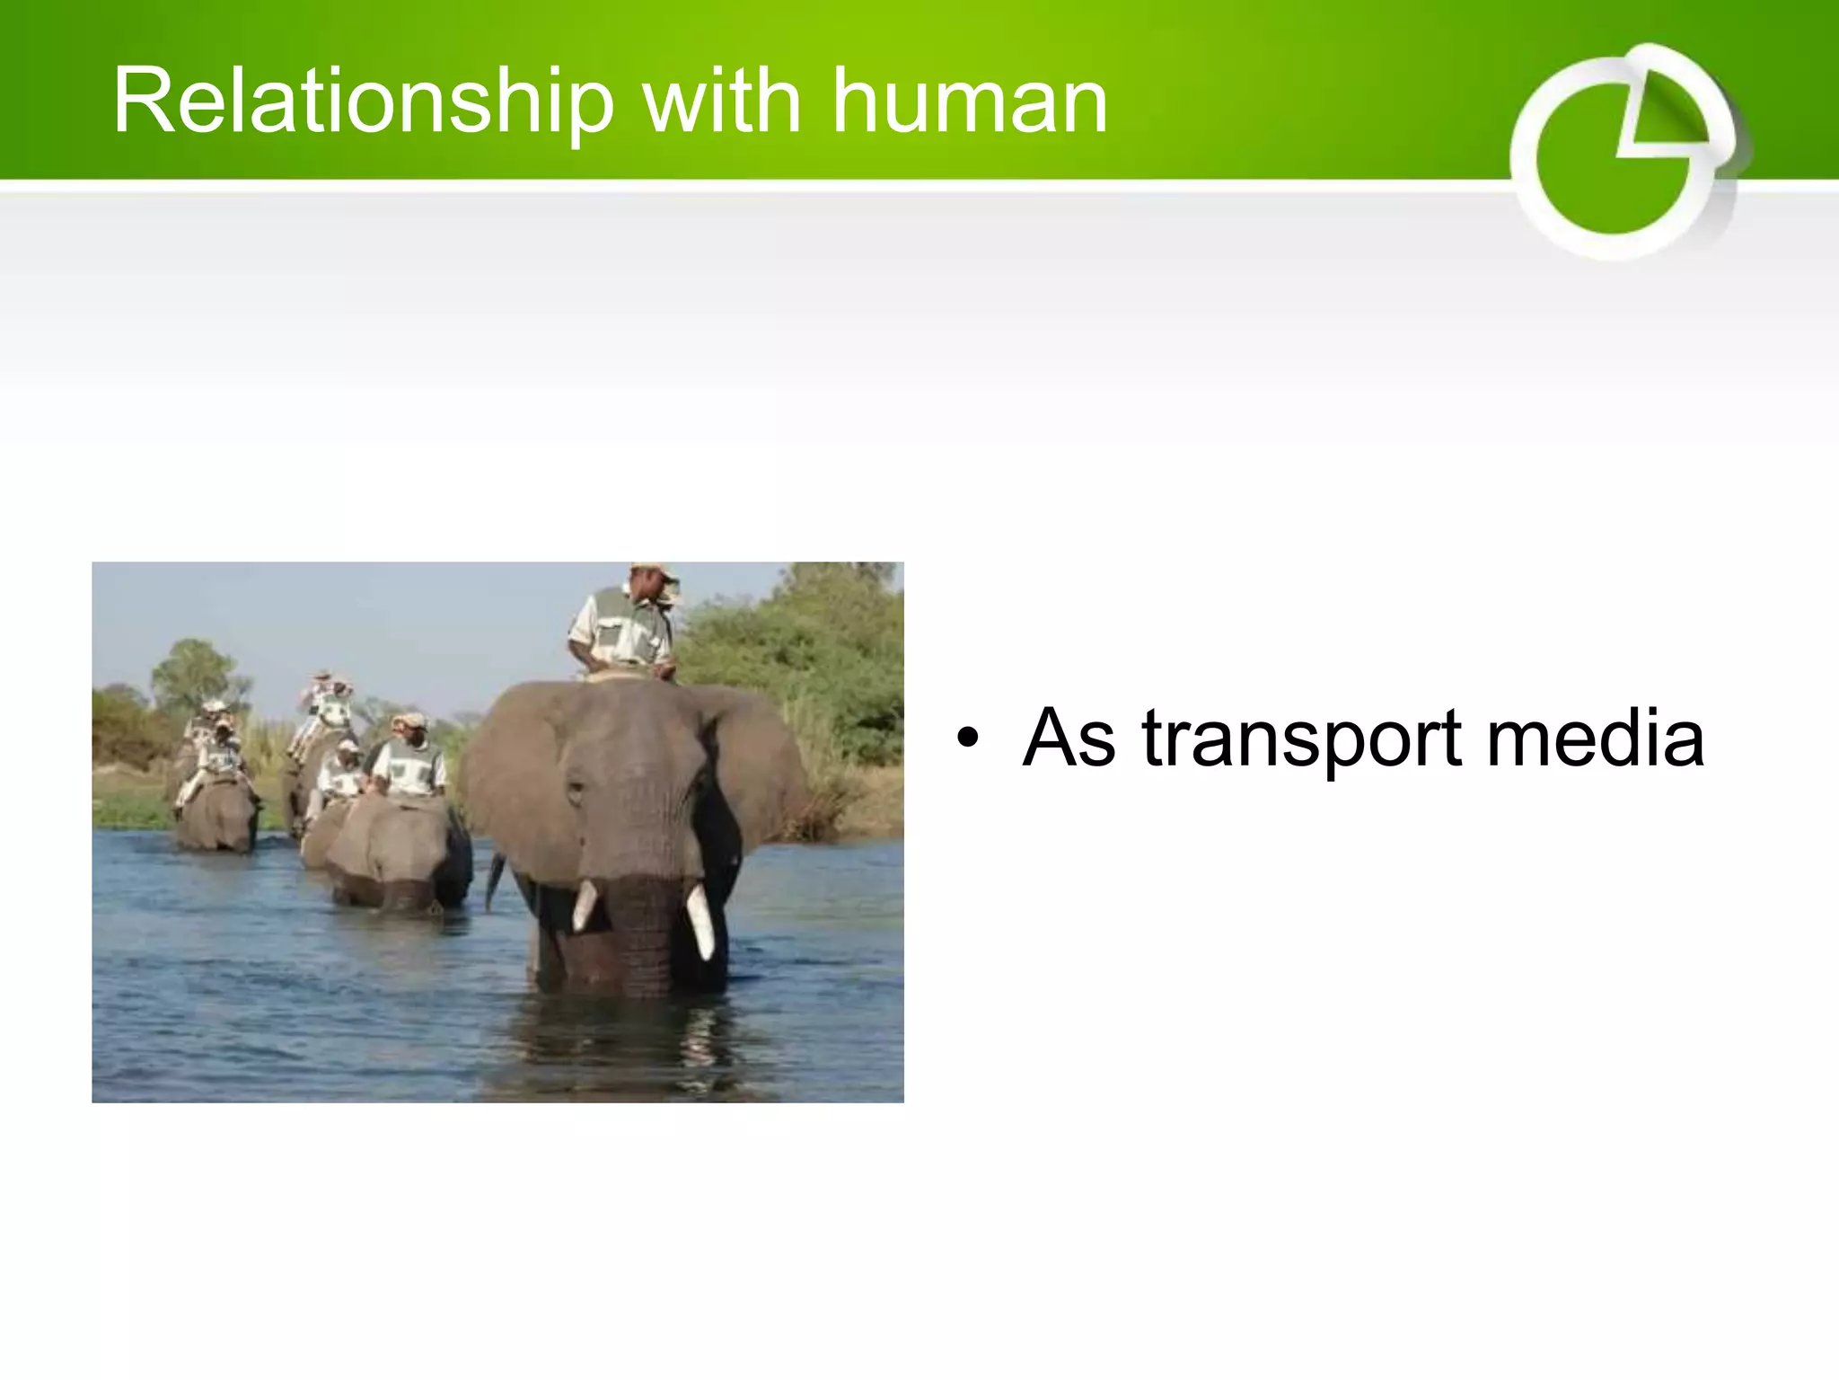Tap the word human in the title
pyautogui.click(x=970, y=102)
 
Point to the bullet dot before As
pyautogui.click(x=966, y=738)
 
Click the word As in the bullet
pyautogui.click(x=1069, y=738)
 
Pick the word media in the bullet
pyautogui.click(x=1595, y=738)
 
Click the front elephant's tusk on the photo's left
pyautogui.click(x=585, y=904)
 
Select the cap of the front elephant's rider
pyautogui.click(x=654, y=571)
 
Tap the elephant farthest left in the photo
pyautogui.click(x=216, y=813)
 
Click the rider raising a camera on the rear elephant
pyautogui.click(x=328, y=701)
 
